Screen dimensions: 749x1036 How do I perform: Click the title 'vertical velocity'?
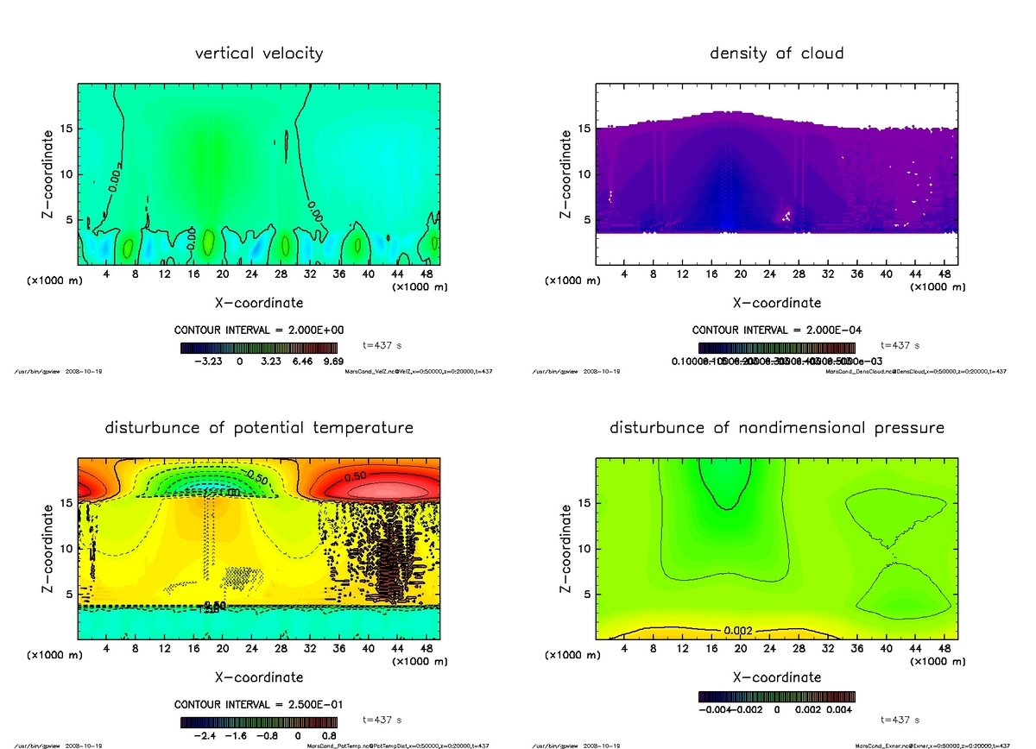pyautogui.click(x=259, y=53)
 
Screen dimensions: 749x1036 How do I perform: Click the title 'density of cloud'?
pyautogui.click(x=776, y=53)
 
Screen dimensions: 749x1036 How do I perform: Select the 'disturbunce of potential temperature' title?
pyautogui.click(x=259, y=428)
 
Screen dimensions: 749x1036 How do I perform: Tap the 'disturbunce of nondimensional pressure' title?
pyautogui.click(x=777, y=428)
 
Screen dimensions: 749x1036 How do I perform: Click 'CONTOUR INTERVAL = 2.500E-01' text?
pyautogui.click(x=259, y=704)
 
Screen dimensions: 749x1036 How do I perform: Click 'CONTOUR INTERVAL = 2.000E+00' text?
pyautogui.click(x=259, y=330)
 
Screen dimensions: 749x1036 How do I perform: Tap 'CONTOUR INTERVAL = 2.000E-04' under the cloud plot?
pyautogui.click(x=776, y=330)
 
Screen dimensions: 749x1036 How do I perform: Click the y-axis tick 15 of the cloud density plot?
pyautogui.click(x=584, y=129)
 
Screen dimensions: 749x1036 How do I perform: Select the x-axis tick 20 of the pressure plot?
pyautogui.click(x=741, y=649)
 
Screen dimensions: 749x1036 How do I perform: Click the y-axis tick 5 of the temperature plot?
pyautogui.click(x=67, y=594)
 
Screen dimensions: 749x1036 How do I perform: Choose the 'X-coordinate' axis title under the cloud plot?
pyautogui.click(x=776, y=303)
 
